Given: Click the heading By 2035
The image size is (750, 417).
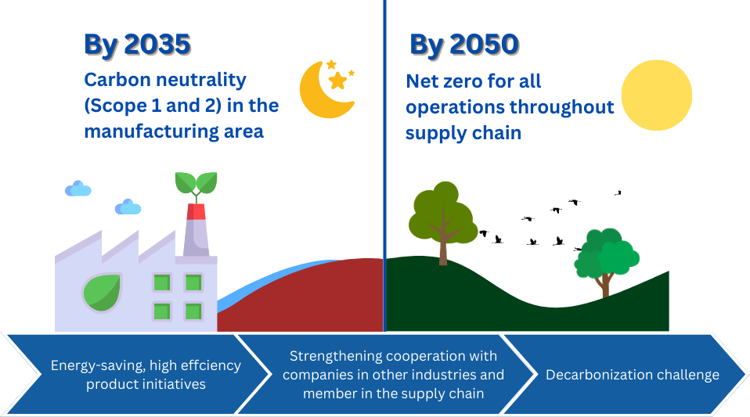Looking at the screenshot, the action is (138, 45).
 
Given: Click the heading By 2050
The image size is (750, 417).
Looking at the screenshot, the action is (464, 45).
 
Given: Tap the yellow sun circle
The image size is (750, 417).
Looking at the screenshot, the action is (657, 95).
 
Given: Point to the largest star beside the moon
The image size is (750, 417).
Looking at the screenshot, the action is (337, 81).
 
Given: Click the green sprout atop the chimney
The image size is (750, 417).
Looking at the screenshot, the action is (196, 184).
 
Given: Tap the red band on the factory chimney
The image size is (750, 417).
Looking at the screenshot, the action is (196, 211).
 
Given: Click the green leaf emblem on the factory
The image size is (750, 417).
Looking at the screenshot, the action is (103, 292).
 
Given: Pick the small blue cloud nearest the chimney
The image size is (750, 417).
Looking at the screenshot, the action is (128, 207).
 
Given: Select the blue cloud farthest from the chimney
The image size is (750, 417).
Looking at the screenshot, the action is (78, 189).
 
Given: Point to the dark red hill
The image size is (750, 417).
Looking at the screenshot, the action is (306, 297).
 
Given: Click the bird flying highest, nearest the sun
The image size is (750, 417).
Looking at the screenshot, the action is (618, 193).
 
